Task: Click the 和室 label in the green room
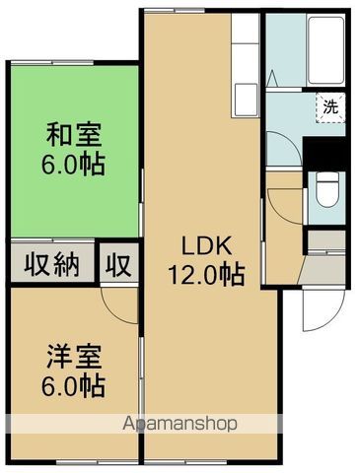[x=74, y=134]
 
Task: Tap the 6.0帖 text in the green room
[x=73, y=164]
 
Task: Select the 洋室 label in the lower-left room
[x=74, y=357]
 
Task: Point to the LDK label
[x=206, y=245]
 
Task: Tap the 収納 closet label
[x=52, y=264]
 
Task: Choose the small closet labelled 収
[x=118, y=264]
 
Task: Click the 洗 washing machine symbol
[x=330, y=107]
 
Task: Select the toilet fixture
[x=326, y=190]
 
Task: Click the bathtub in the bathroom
[x=326, y=50]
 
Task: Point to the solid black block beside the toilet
[x=324, y=154]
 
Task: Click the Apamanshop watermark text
[x=180, y=424]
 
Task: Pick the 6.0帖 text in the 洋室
[x=73, y=385]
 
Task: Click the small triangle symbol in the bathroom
[x=274, y=78]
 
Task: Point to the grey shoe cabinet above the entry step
[x=326, y=240]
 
